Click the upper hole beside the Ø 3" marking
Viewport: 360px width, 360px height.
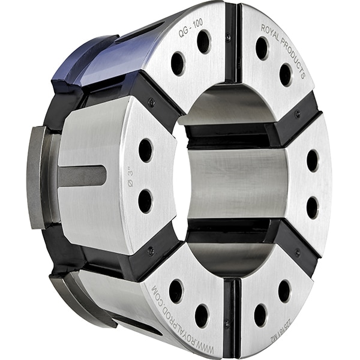tap(145, 150)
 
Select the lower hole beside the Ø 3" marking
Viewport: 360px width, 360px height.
tap(145, 201)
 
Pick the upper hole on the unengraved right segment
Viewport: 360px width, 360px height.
tap(313, 160)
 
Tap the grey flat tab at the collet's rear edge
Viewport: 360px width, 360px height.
tap(36, 177)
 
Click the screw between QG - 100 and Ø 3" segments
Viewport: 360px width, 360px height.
tap(151, 103)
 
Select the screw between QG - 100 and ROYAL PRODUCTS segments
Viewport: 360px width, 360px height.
tap(229, 38)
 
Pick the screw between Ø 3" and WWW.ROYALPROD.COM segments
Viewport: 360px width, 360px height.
tap(151, 251)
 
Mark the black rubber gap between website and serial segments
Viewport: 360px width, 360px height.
tap(231, 312)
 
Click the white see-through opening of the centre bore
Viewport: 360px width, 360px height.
tap(181, 180)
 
